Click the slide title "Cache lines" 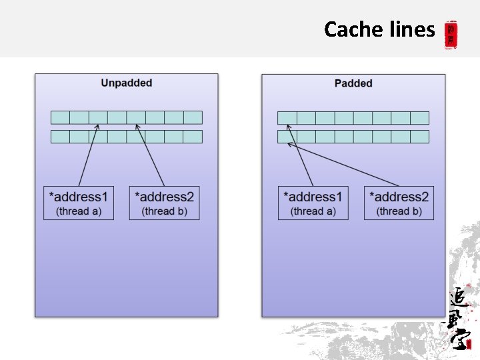[x=379, y=29]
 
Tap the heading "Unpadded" [x=127, y=83]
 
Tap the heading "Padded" [x=353, y=83]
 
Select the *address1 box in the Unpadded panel [x=78, y=203]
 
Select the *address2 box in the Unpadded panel [x=164, y=203]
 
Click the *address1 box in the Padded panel [x=312, y=203]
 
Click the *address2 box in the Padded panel [x=399, y=203]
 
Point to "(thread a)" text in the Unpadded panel [x=79, y=211]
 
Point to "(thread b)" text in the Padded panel [x=399, y=211]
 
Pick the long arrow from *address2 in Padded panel [x=343, y=164]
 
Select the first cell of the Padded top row [x=287, y=118]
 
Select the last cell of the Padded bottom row [x=419, y=137]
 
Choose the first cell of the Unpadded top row [x=61, y=118]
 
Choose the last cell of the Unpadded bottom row [x=193, y=137]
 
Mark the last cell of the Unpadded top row [x=193, y=118]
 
